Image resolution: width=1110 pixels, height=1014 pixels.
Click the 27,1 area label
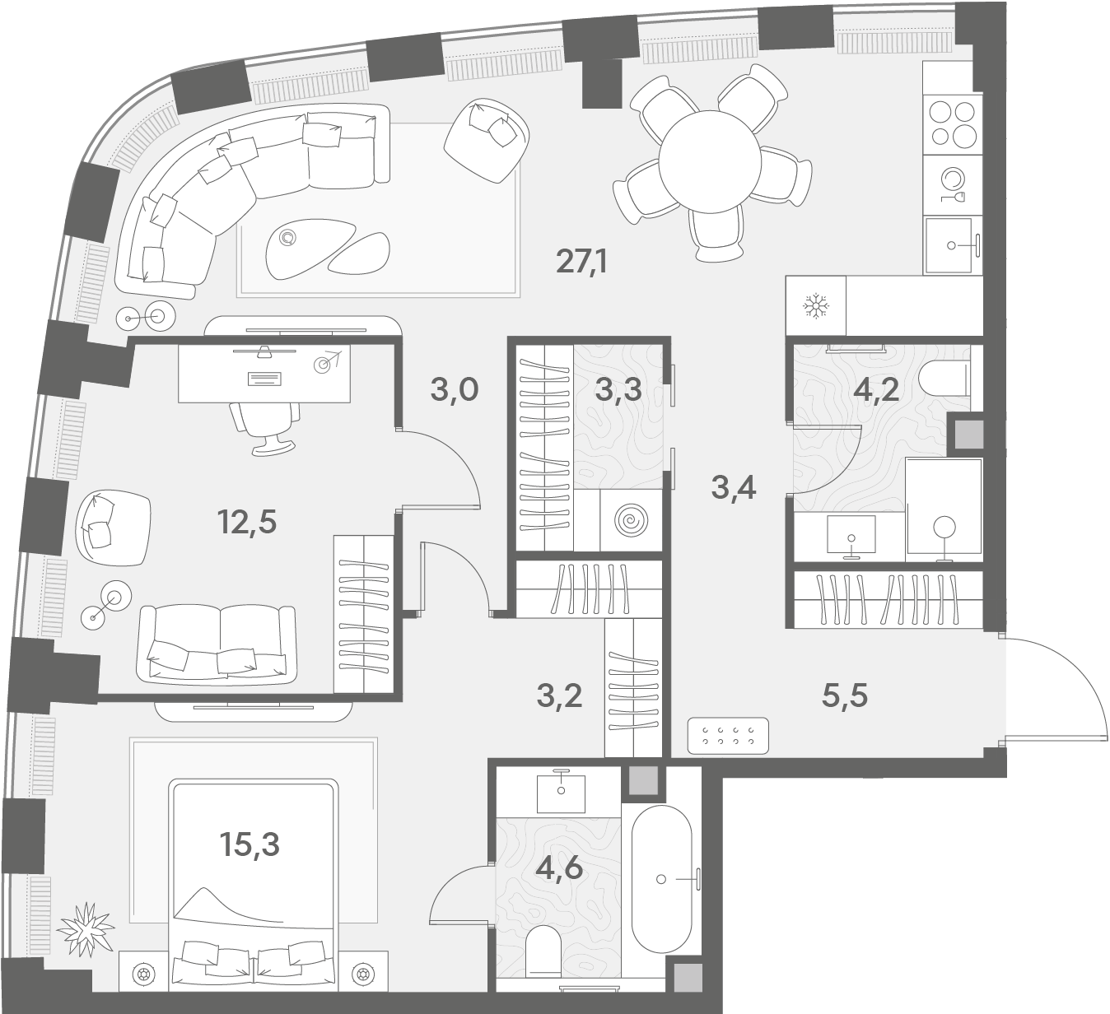(581, 262)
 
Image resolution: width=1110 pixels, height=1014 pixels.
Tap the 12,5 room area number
(247, 522)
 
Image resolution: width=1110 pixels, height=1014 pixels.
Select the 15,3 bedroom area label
(250, 844)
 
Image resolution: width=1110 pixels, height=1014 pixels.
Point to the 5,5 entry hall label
(844, 695)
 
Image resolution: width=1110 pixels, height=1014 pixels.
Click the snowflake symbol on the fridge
(816, 306)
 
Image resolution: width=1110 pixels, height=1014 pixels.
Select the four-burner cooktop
(952, 124)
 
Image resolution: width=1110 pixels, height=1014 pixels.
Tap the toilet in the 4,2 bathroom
(944, 379)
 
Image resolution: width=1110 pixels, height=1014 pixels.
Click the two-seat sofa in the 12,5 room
(217, 645)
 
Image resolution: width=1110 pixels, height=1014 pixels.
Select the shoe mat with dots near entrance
(728, 735)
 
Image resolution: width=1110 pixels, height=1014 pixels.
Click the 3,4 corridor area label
(733, 488)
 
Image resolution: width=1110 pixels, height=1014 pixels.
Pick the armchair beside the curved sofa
(486, 141)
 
